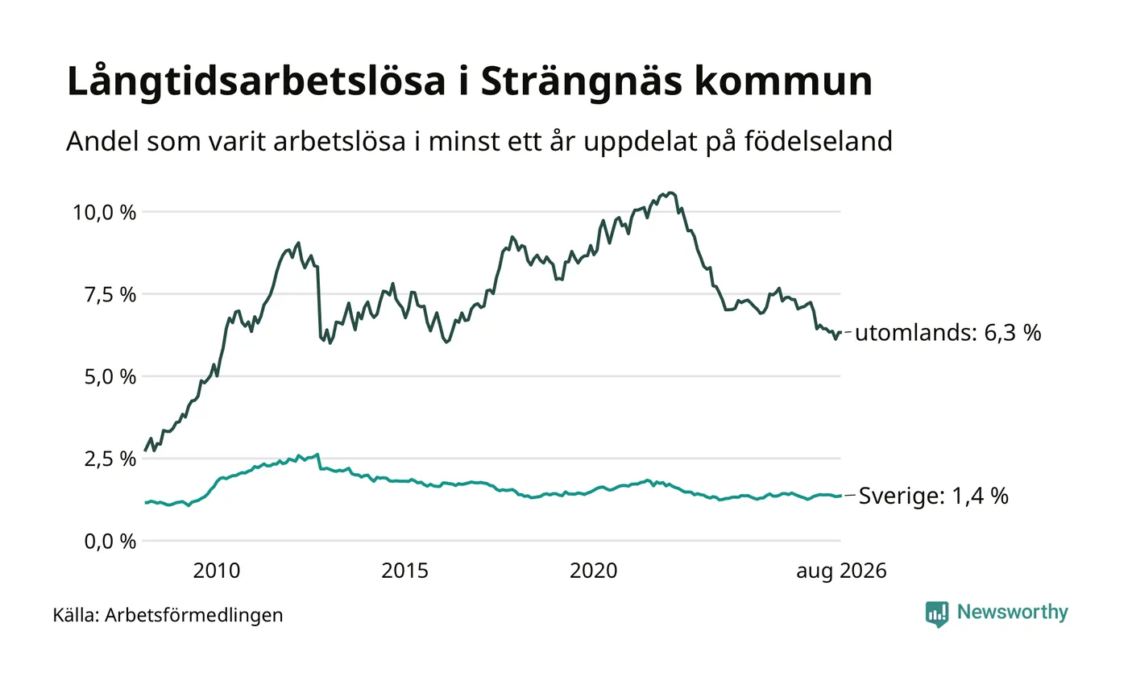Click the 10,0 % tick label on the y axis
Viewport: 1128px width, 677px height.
coord(104,213)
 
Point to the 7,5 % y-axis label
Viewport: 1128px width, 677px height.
coord(110,295)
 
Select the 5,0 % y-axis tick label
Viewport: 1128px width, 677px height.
coord(110,377)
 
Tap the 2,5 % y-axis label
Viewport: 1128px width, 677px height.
coord(110,459)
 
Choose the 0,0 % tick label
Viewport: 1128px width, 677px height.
coord(110,542)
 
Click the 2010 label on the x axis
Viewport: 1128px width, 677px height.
coord(217,571)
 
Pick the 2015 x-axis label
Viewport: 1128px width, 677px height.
coord(404,571)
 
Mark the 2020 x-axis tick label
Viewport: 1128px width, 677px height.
coord(593,571)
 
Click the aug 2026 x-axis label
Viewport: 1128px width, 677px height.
coord(841,571)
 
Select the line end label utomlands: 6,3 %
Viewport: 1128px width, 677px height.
coord(948,333)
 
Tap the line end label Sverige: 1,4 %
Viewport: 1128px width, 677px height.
coord(934,496)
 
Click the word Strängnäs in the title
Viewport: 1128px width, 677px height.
coord(582,81)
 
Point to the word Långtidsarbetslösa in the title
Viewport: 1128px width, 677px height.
coord(256,81)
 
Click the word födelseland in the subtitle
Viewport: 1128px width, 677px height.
coord(819,141)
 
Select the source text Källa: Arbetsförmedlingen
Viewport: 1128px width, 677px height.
coord(168,615)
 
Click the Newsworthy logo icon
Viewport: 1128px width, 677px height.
coord(937,614)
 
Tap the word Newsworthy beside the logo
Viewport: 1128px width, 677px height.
coord(1012,613)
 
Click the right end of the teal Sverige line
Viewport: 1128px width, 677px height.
coord(840,496)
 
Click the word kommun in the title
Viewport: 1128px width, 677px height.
coord(783,81)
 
